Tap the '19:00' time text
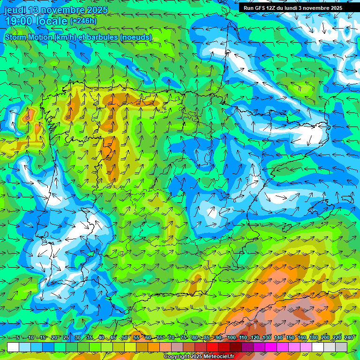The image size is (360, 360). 19,21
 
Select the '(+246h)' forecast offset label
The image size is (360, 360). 83,21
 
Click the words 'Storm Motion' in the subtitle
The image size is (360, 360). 29,37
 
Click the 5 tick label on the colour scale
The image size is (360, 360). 18,338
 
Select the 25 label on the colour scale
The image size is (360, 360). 66,338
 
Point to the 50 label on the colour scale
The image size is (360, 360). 125,338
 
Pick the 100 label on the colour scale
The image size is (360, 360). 231,338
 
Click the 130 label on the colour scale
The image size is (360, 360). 267,338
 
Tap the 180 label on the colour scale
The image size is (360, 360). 313,338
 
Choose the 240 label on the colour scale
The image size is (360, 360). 348,338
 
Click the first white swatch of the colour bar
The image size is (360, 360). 13,347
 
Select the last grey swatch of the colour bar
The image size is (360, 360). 341,347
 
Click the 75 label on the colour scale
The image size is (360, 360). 183,338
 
